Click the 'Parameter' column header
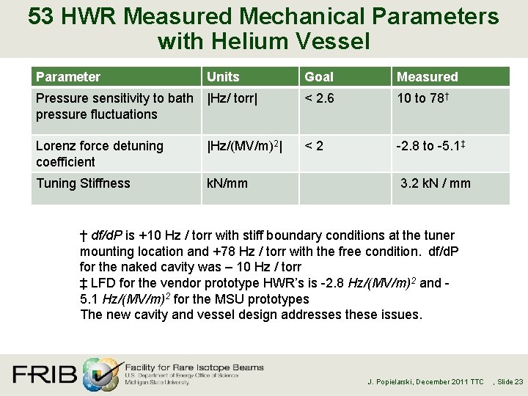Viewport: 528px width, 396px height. [x=68, y=77]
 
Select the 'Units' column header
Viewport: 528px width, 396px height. [x=223, y=77]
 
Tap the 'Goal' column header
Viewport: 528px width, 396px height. [x=319, y=77]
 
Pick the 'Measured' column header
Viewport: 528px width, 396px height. [x=427, y=77]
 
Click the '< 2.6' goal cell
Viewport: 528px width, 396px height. [x=320, y=98]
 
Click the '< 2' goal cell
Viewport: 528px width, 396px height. [x=315, y=146]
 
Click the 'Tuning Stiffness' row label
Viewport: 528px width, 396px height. [x=83, y=183]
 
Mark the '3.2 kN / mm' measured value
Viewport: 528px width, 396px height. [x=436, y=183]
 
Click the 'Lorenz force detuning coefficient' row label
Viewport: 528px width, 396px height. [x=99, y=154]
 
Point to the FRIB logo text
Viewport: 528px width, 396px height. [x=44, y=375]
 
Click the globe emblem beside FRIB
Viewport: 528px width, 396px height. [x=100, y=373]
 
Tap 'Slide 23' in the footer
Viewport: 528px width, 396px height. [x=510, y=382]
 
